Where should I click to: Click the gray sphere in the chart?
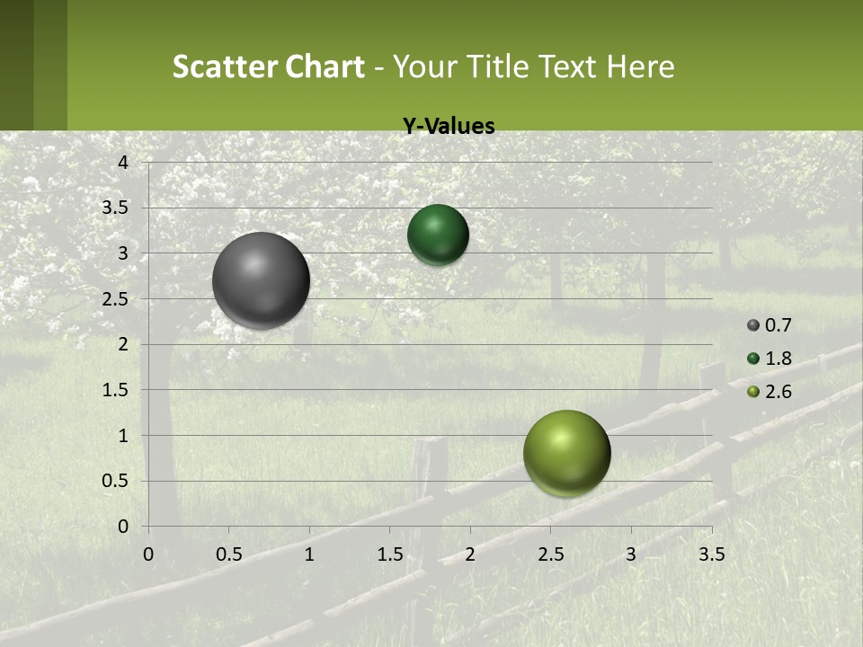[x=262, y=280]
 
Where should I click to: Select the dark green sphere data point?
[x=438, y=235]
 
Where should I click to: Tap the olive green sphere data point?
[x=566, y=453]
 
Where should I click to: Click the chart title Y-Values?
[x=448, y=127]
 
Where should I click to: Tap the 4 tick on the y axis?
[x=124, y=163]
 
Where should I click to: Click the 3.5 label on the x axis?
[x=711, y=554]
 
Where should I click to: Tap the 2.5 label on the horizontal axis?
[x=550, y=554]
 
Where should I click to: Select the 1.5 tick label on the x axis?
[x=389, y=554]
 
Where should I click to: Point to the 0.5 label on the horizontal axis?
[x=228, y=554]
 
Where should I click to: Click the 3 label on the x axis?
[x=631, y=554]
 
